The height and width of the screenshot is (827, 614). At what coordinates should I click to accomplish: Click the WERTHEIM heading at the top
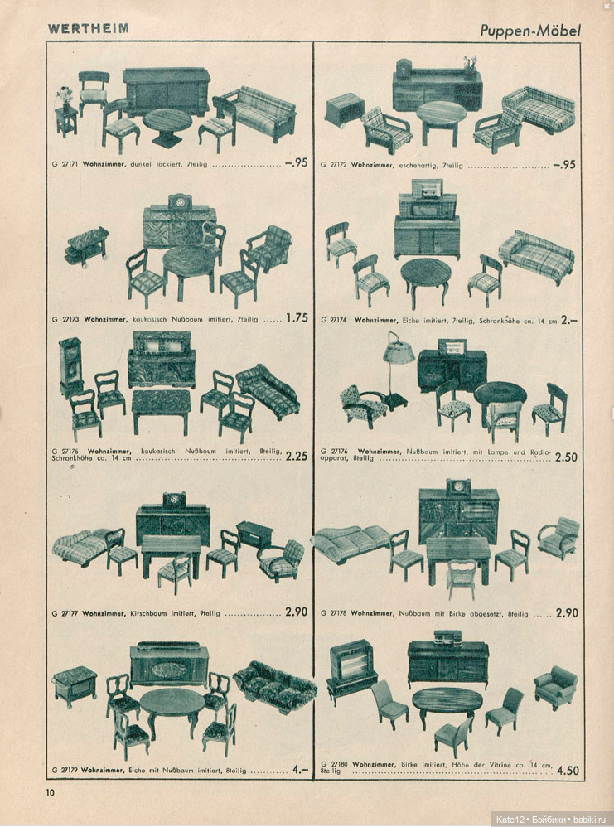pos(88,28)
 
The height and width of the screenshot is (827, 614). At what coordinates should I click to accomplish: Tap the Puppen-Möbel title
pos(529,31)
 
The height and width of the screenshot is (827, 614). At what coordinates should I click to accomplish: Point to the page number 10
pos(50,791)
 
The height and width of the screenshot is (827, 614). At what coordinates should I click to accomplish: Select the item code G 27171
pos(65,165)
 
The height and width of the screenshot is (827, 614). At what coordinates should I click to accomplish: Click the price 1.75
pos(297,317)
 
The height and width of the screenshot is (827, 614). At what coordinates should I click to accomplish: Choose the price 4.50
pos(568,771)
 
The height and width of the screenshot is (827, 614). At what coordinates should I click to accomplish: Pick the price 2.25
pos(297,457)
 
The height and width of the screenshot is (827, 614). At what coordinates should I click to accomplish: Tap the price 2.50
pos(566,457)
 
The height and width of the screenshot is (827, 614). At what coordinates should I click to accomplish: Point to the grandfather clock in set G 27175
pos(70,367)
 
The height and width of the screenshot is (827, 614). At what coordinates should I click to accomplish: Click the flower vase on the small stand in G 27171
pos(65,98)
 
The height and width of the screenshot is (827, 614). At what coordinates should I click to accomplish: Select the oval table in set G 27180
pos(447,703)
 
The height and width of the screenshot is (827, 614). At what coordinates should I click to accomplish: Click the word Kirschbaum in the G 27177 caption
pos(147,613)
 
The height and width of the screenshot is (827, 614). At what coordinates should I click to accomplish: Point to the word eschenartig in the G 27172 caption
pos(430,165)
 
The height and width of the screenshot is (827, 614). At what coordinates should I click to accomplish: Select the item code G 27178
pos(333,613)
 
